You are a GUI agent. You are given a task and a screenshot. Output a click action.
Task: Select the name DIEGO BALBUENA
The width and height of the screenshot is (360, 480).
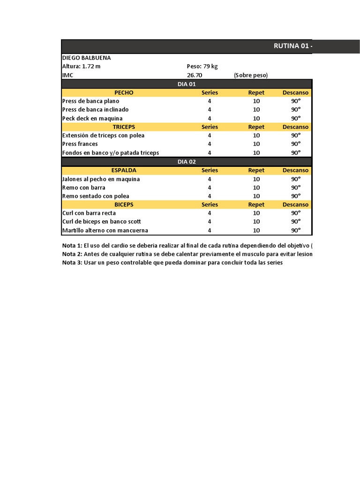tap(87, 58)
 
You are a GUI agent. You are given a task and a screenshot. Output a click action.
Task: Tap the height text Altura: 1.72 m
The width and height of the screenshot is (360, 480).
tap(82, 66)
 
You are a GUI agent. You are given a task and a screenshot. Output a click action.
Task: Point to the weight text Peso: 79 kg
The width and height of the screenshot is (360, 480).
tap(202, 66)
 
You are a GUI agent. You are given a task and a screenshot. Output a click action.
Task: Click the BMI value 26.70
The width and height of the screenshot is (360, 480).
tap(195, 75)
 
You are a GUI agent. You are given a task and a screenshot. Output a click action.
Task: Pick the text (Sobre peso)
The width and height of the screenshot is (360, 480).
tap(250, 75)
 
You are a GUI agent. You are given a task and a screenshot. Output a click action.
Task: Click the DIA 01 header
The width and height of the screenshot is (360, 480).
tap(187, 84)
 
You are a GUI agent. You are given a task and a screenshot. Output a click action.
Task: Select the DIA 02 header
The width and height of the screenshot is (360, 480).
tap(187, 162)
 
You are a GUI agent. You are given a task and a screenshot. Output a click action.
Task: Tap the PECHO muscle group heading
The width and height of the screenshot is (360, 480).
tap(124, 92)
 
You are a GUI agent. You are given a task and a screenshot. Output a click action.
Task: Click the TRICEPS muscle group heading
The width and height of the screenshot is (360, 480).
tap(124, 127)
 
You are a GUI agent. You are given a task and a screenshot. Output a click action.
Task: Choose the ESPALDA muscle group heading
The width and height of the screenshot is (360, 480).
tap(124, 170)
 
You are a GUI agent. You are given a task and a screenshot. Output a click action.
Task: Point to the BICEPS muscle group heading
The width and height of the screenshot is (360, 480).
tap(124, 204)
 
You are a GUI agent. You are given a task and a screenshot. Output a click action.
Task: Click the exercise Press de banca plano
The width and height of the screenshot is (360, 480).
tap(90, 101)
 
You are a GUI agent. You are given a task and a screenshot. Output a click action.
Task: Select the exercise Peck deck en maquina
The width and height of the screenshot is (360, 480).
tap(92, 118)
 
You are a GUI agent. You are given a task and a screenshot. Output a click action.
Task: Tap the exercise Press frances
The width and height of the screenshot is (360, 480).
tap(80, 144)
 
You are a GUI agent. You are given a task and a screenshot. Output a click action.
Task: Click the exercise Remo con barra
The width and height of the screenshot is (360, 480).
tap(83, 187)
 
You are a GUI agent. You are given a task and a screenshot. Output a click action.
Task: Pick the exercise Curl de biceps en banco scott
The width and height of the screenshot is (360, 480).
tap(102, 221)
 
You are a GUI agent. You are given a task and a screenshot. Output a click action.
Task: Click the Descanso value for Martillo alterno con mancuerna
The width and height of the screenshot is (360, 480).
tap(296, 230)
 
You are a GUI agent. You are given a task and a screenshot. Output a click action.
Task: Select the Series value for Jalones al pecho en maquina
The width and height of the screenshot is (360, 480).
tap(210, 179)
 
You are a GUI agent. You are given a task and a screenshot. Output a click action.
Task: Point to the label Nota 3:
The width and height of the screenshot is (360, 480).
tap(72, 262)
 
